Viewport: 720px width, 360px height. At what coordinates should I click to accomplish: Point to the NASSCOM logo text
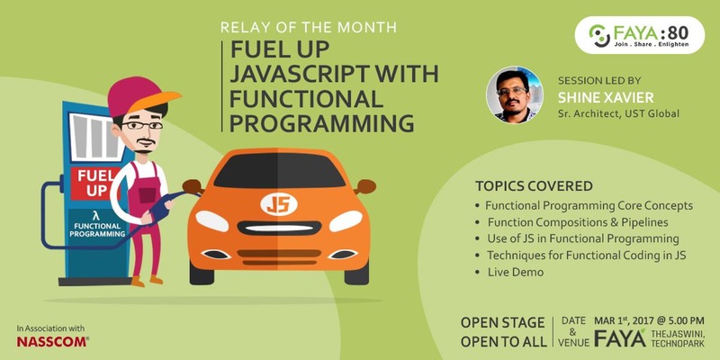[x=50, y=342]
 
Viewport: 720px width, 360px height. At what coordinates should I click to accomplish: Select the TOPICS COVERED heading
[x=534, y=186]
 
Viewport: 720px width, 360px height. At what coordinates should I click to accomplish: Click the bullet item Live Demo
[x=515, y=271]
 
